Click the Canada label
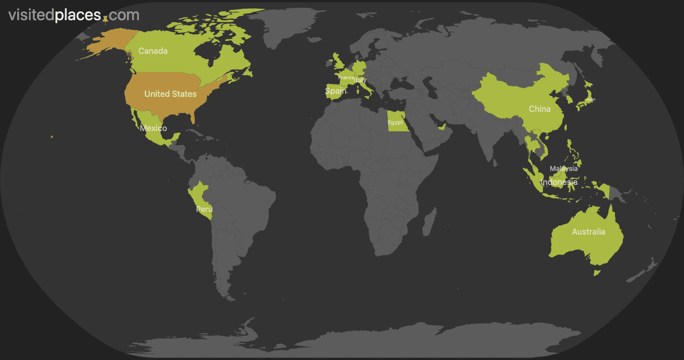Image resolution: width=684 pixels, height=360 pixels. [153, 51]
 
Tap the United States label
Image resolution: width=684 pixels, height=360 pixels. [170, 94]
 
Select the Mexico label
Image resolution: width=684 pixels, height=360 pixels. [153, 128]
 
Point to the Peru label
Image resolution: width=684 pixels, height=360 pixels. [204, 209]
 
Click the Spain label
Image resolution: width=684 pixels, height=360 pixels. [336, 91]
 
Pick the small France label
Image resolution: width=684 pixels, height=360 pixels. [346, 78]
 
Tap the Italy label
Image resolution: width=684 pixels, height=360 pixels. [360, 80]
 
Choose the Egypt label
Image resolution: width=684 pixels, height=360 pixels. [395, 123]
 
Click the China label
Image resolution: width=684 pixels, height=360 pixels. [539, 109]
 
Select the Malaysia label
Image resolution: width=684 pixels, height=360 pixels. [563, 168]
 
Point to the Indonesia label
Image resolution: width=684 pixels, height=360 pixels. [559, 182]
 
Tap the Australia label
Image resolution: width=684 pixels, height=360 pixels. [588, 232]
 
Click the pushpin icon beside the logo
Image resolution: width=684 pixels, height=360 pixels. [106, 20]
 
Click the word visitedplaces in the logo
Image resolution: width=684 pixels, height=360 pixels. [54, 16]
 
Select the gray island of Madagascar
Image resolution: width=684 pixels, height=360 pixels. [430, 222]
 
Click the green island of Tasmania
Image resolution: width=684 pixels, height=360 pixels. [596, 272]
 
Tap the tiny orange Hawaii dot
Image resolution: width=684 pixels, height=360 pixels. [52, 137]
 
